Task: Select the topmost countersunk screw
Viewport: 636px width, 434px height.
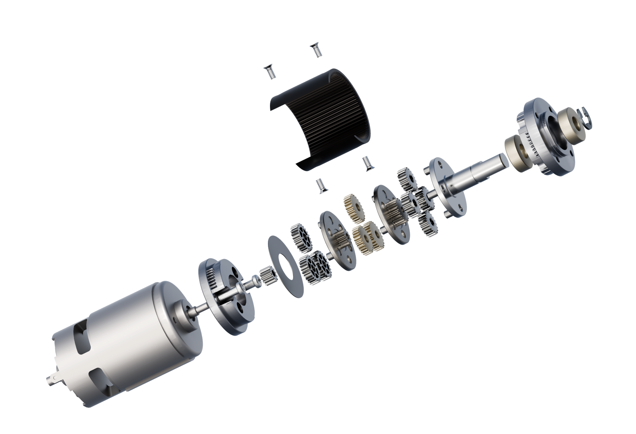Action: [x=316, y=51]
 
